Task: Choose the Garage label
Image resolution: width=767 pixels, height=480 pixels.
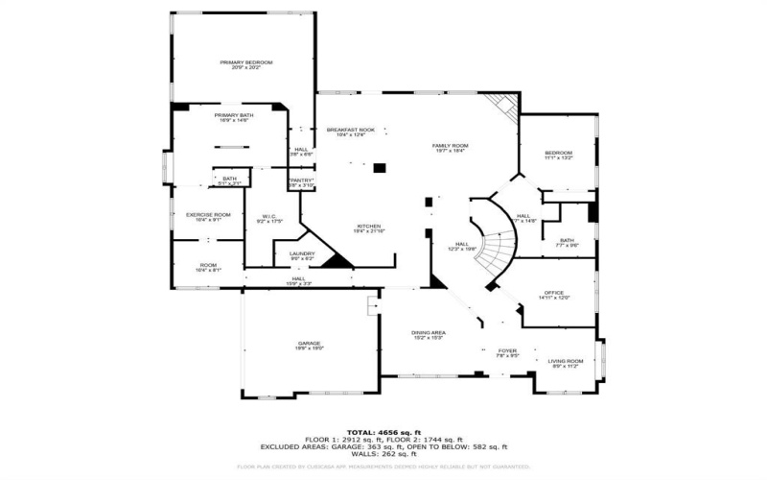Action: pyautogui.click(x=308, y=345)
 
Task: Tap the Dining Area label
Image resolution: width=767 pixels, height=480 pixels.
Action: pyautogui.click(x=428, y=335)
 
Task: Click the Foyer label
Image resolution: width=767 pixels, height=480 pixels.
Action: pyautogui.click(x=507, y=352)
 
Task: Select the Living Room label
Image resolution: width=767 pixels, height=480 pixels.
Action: pyautogui.click(x=565, y=363)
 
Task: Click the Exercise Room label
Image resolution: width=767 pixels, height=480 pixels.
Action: pyautogui.click(x=208, y=216)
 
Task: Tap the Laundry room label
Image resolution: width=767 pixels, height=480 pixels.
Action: pyautogui.click(x=302, y=255)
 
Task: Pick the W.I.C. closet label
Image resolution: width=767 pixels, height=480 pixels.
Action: pyautogui.click(x=268, y=218)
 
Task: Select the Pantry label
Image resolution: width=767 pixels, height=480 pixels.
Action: pyautogui.click(x=302, y=181)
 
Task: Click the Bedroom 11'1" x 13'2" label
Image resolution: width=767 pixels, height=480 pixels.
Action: pyautogui.click(x=558, y=156)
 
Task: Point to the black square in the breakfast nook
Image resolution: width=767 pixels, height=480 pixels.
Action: pyautogui.click(x=380, y=168)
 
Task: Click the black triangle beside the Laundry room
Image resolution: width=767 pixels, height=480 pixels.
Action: pyautogui.click(x=336, y=260)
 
